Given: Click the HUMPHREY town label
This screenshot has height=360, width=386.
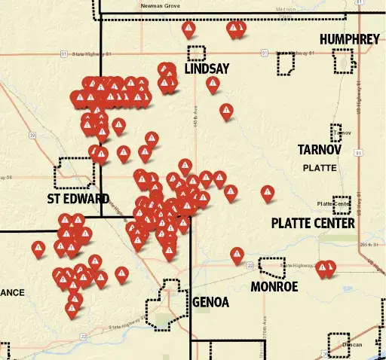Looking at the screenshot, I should [x=349, y=39].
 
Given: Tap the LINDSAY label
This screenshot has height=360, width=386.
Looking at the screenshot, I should [x=207, y=69].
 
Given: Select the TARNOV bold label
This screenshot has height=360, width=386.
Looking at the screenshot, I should [x=320, y=149].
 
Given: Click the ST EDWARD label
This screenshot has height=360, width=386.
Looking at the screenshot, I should [x=78, y=199].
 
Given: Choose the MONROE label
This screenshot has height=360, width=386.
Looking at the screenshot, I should [x=276, y=286].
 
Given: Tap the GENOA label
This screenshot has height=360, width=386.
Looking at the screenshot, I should [x=210, y=303].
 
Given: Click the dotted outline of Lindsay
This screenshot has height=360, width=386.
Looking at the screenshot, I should [x=196, y=53].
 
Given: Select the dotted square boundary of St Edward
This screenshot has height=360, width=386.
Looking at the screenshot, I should [x=75, y=173].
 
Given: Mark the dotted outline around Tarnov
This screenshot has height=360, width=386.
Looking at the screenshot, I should [x=336, y=133].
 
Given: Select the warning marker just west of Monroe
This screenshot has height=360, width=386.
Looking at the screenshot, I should [x=237, y=255].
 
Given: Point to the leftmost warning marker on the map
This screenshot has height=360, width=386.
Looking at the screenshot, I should [x=38, y=248].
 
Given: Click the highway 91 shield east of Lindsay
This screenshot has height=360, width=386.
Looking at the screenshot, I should [x=264, y=53].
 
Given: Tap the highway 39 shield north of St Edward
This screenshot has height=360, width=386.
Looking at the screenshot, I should [x=32, y=135].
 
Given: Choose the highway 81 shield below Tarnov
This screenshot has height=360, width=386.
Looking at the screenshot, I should [x=357, y=153].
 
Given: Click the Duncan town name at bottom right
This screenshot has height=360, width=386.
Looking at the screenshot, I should [x=352, y=345].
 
